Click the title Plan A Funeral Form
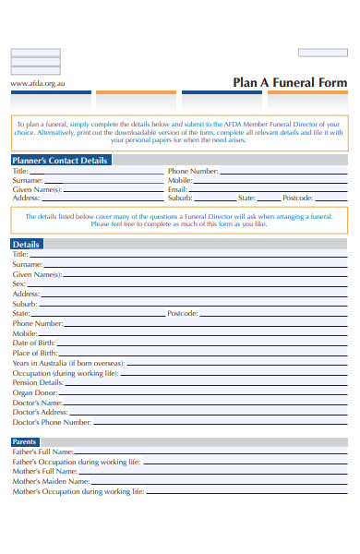[x=290, y=82]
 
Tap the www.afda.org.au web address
[x=38, y=83]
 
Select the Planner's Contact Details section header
[x=60, y=160]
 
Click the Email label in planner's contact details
[x=178, y=189]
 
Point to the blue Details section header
[x=26, y=244]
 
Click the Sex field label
[x=19, y=283]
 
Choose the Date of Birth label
[x=34, y=343]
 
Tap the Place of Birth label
[x=35, y=353]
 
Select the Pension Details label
[x=38, y=382]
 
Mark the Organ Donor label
[x=35, y=392]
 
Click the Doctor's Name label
[x=38, y=403]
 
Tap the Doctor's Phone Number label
[x=52, y=422]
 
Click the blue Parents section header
[x=26, y=441]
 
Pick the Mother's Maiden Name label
[x=51, y=481]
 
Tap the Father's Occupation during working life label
[x=77, y=461]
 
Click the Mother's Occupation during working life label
[x=78, y=491]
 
